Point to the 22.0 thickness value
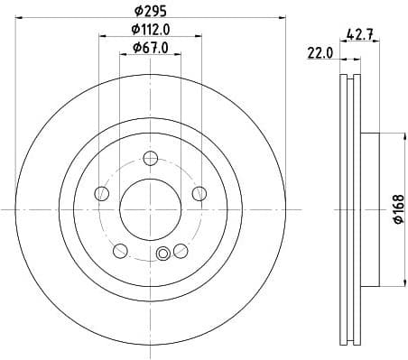click(320, 53)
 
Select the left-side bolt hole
click(102, 194)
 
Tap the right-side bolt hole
click(199, 191)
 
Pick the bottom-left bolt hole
click(120, 250)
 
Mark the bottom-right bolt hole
click(181, 250)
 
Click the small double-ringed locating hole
click(163, 254)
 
